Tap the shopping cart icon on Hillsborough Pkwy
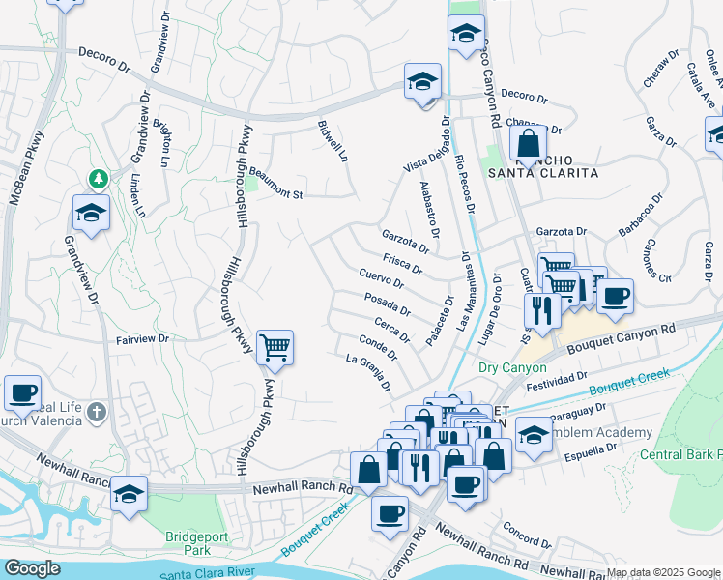[x=275, y=347]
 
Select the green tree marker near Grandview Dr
[x=98, y=178]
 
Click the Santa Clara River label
[x=209, y=571]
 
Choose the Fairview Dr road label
[x=142, y=339]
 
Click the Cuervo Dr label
[x=381, y=279]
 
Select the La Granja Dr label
[x=368, y=370]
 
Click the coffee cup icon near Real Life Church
[x=22, y=393]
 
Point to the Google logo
[x=32, y=567]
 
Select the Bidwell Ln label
[x=332, y=141]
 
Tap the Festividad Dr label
[x=556, y=380]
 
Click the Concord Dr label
[x=526, y=535]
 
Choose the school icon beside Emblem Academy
[x=534, y=434]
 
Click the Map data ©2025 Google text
[x=662, y=572]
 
